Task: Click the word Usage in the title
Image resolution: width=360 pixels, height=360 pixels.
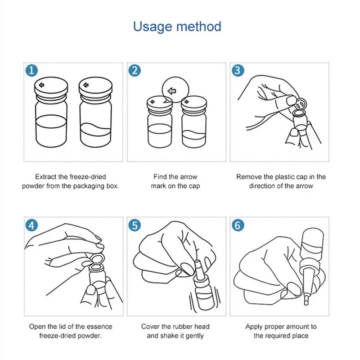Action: pos(153,27)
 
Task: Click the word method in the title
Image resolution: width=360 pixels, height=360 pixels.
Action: pos(199,26)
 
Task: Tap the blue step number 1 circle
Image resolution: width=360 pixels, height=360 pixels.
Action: pos(31,71)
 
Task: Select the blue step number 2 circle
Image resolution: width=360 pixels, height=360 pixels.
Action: pos(135,71)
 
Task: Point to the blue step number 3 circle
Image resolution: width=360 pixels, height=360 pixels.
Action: pos(238,71)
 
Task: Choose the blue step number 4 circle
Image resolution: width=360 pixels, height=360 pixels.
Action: pos(31,225)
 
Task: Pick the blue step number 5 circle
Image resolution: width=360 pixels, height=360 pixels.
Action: pos(135,225)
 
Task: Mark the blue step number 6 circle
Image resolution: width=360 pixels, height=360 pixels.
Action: pos(238,225)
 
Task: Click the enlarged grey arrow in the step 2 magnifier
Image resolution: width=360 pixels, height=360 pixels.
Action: pos(172,91)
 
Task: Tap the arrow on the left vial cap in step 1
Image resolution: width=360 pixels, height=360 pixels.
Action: pos(41,85)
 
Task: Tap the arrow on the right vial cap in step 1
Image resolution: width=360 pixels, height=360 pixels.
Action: pos(86,85)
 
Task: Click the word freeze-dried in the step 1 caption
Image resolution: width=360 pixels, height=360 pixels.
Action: pos(88,177)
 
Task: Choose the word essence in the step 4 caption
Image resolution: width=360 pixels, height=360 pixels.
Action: pos(100,327)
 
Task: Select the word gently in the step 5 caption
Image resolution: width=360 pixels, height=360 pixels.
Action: pos(194,336)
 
